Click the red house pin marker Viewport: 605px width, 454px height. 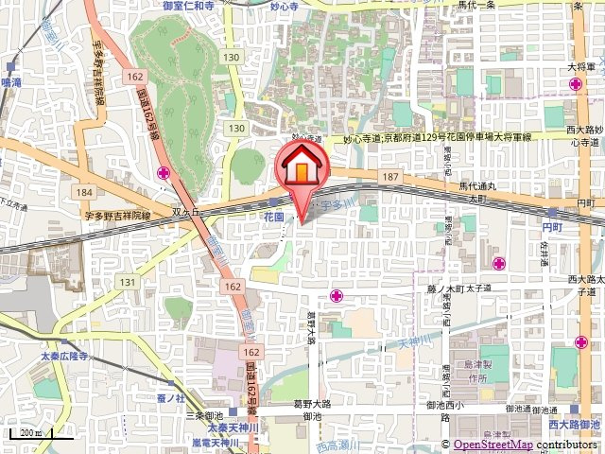click(x=302, y=166)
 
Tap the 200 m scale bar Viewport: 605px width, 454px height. click(x=29, y=435)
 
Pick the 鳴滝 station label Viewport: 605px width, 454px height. click(x=12, y=83)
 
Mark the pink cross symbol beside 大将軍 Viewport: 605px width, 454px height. click(x=576, y=86)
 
